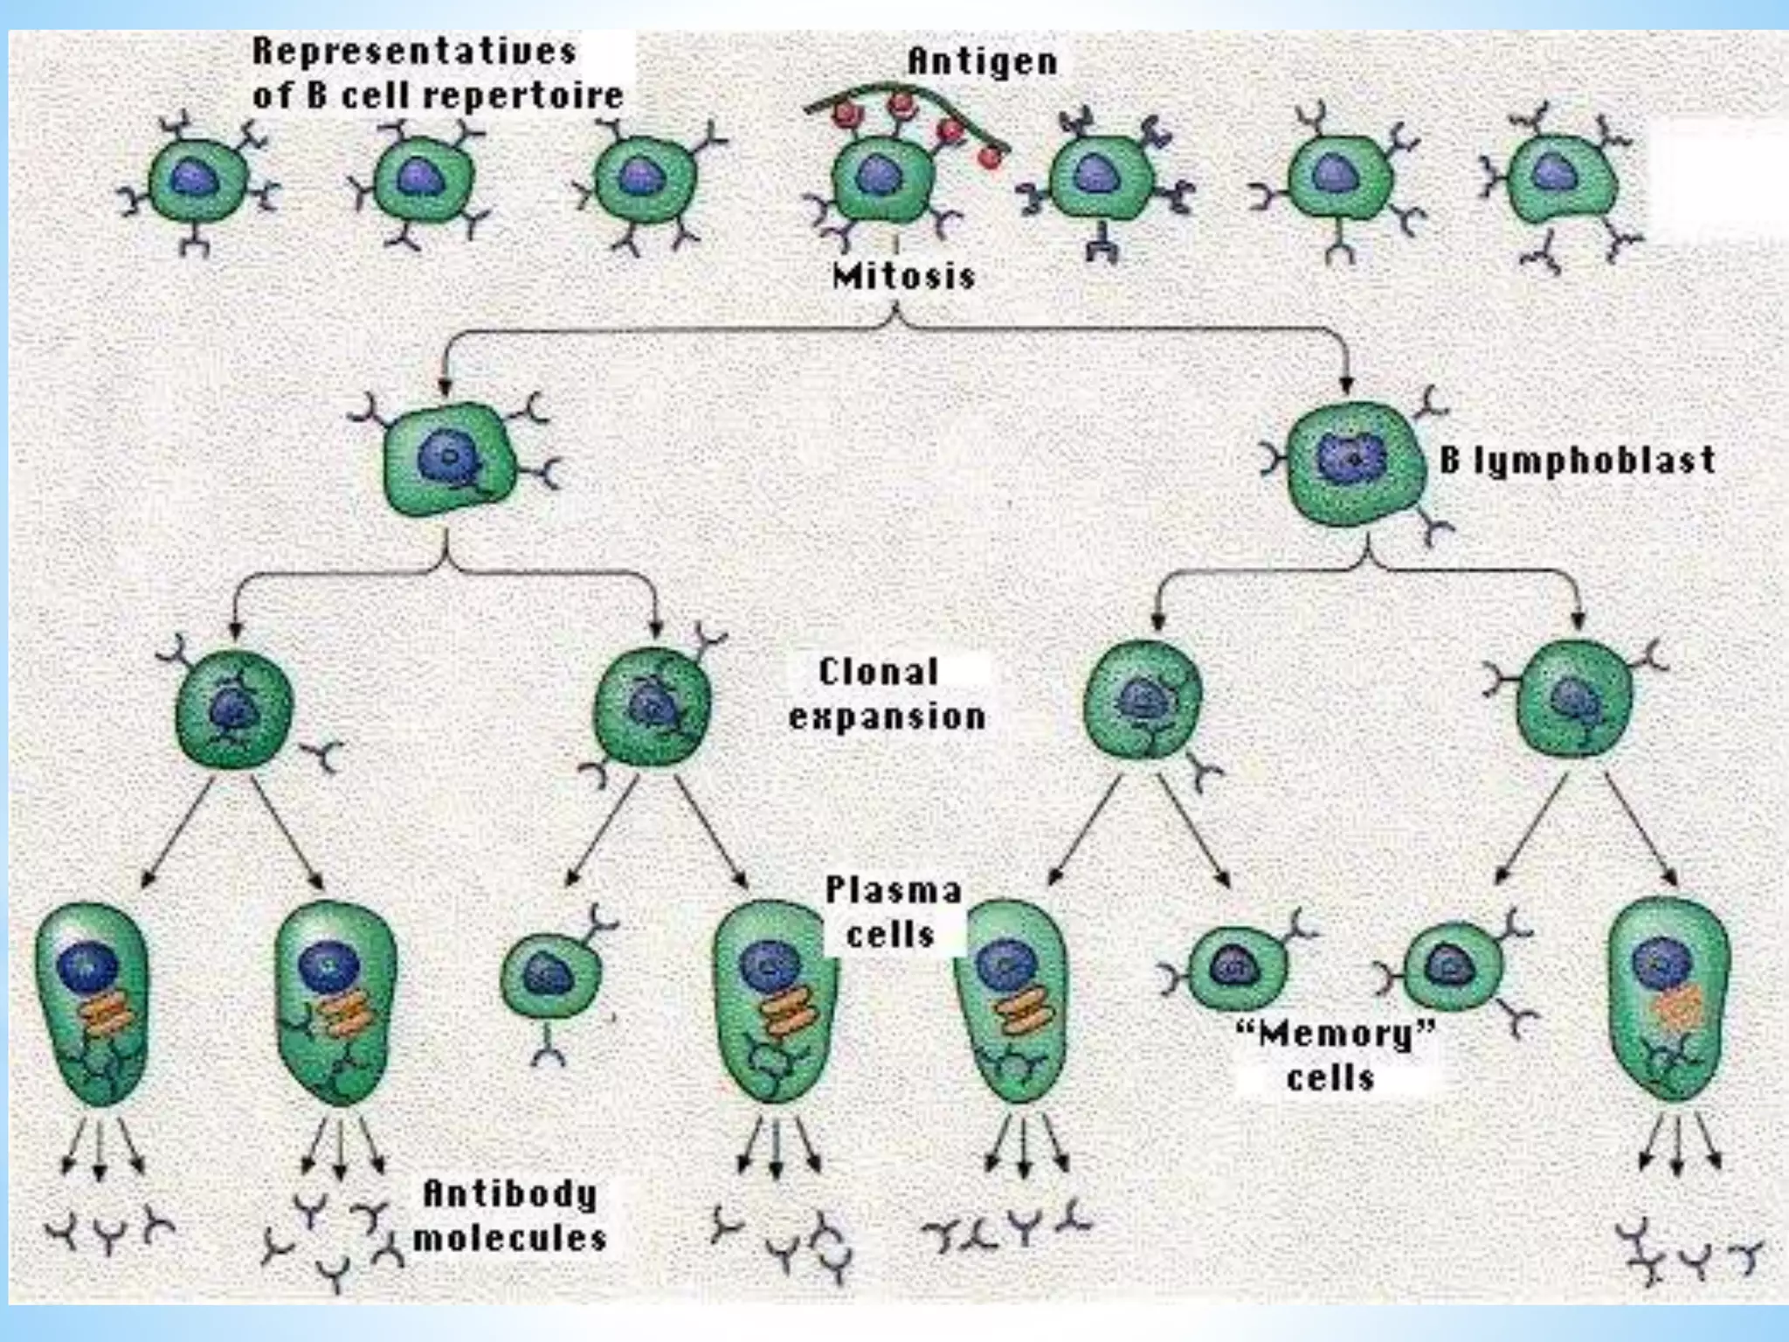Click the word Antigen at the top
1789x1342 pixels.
click(x=982, y=61)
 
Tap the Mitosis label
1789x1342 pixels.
click(x=903, y=277)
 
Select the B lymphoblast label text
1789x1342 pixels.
click(x=1577, y=460)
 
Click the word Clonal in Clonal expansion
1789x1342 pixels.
click(x=878, y=672)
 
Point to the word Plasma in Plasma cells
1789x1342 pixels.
click(x=893, y=890)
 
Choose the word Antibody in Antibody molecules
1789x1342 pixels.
click(x=510, y=1193)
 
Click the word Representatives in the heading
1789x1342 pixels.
click(x=414, y=51)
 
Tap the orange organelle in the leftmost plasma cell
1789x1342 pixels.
click(x=107, y=1019)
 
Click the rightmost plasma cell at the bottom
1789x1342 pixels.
click(x=1668, y=996)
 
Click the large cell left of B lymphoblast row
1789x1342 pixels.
click(x=449, y=459)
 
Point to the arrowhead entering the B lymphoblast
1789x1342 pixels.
click(x=1346, y=385)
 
